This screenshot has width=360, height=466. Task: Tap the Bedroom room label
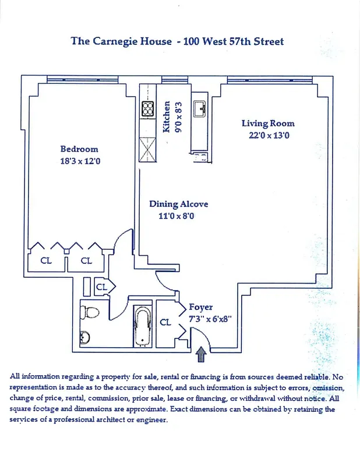(79, 149)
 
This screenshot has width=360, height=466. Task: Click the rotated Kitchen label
(167, 117)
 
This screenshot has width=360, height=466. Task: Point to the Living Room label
(268, 123)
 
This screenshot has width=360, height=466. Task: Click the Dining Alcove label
(178, 204)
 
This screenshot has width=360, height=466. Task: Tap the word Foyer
(201, 307)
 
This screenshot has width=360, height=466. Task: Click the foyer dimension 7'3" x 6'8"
(210, 319)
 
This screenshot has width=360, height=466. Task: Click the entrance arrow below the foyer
(202, 352)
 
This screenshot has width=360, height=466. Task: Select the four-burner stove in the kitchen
(147, 109)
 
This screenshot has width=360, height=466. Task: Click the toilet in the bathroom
(90, 313)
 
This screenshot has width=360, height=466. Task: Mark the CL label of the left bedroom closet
(46, 261)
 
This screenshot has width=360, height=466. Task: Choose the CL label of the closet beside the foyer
(165, 322)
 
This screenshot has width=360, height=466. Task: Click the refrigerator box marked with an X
(147, 149)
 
